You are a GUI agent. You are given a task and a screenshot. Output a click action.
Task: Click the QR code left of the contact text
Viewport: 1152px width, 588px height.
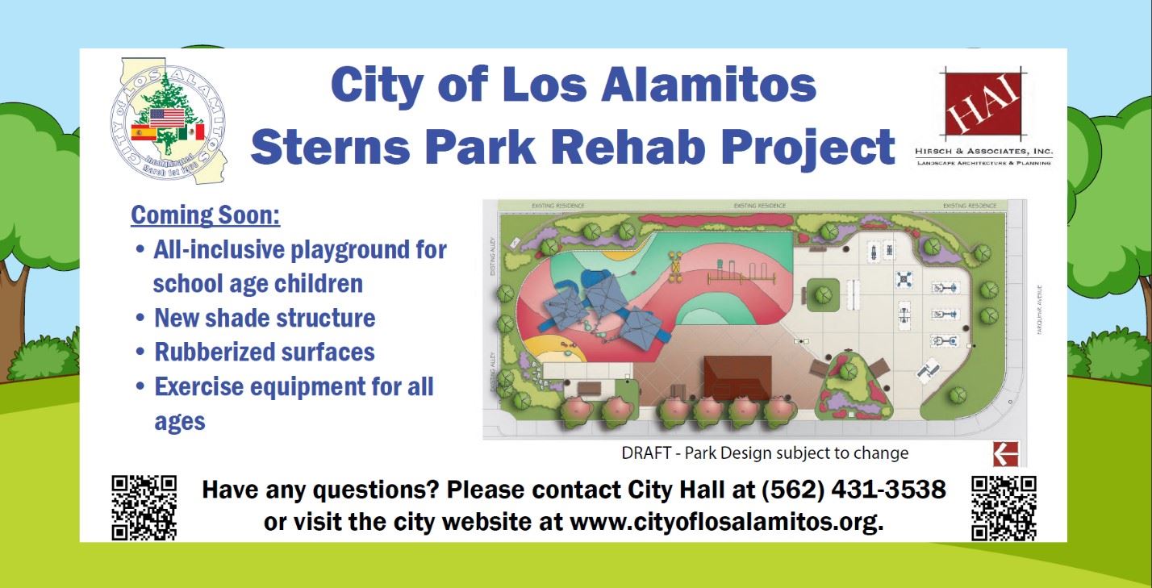[144, 507]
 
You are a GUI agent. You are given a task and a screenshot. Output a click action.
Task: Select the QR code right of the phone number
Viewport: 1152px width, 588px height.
[1004, 507]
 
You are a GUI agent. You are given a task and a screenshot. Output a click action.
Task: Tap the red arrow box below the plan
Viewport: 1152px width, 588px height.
[1005, 454]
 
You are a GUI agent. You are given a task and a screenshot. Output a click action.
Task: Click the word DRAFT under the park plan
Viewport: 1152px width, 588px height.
[646, 453]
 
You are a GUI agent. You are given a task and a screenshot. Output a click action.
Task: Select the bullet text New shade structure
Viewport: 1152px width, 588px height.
[265, 318]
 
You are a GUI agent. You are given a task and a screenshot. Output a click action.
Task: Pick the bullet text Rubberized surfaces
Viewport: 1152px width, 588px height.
[265, 352]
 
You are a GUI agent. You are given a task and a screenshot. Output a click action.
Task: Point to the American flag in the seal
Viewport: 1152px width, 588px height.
[168, 119]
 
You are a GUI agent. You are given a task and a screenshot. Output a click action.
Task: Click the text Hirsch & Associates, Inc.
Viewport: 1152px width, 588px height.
[983, 152]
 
